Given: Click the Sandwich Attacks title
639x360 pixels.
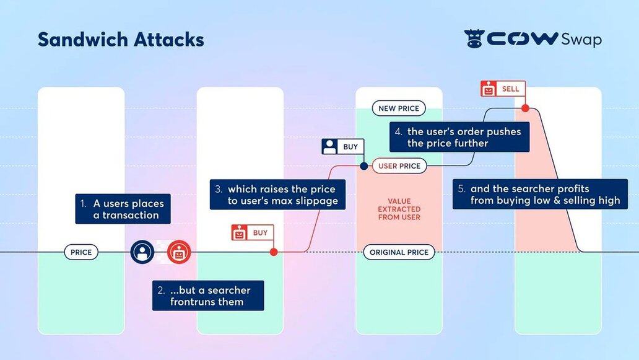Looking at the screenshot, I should [121, 40].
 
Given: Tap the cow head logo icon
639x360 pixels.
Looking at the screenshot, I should [474, 39].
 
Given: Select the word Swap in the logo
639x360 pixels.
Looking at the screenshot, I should [581, 40].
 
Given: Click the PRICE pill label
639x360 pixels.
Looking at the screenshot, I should [81, 252].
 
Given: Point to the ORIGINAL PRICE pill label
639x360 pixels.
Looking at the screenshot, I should [399, 252].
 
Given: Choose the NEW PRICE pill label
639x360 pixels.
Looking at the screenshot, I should [399, 108].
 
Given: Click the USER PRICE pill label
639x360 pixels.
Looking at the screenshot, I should [399, 166].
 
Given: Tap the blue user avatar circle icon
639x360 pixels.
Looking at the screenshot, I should [142, 252].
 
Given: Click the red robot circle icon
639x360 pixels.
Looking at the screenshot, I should [179, 252].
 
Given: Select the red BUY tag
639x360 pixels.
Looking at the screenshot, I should [252, 233].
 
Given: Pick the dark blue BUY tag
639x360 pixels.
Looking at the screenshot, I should [342, 147].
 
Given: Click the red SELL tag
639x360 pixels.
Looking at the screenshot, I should [503, 89].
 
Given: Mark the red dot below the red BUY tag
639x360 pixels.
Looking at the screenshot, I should [274, 252].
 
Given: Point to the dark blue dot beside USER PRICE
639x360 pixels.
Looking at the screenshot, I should [364, 166].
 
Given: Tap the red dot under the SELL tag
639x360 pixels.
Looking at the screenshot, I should [525, 108].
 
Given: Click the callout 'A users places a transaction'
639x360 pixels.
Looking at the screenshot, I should [123, 209].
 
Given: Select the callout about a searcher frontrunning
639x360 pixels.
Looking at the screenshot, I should [208, 296].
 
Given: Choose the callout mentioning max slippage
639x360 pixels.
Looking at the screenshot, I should [277, 195].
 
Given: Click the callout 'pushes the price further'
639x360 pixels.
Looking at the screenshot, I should [459, 137].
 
